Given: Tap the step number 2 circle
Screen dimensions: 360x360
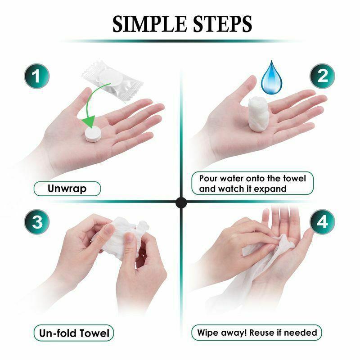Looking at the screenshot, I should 322,76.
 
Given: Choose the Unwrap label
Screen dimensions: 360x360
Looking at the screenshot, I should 67,188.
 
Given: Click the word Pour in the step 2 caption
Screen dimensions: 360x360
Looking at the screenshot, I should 209,179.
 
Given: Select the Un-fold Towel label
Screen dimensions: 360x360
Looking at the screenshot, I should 73,333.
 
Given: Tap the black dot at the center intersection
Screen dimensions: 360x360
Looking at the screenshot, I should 181,202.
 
